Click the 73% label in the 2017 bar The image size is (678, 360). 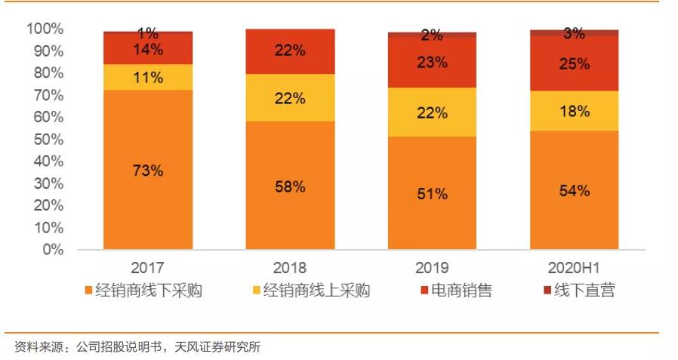pos(148,170)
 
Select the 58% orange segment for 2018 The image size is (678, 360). pos(290,186)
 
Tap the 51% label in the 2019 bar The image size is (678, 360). pos(433,193)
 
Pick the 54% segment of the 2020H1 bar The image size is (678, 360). pos(575,190)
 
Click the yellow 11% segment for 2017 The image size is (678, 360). pos(148,77)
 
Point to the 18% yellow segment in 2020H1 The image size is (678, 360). pos(575,111)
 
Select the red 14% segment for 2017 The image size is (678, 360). pos(148,51)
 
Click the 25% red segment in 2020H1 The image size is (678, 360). pos(575,64)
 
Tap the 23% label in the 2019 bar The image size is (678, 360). pos(433,63)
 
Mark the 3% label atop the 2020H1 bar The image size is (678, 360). pos(575,33)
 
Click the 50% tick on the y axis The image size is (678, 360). pos(48,140)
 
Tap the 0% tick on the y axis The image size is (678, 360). pos(53,250)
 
